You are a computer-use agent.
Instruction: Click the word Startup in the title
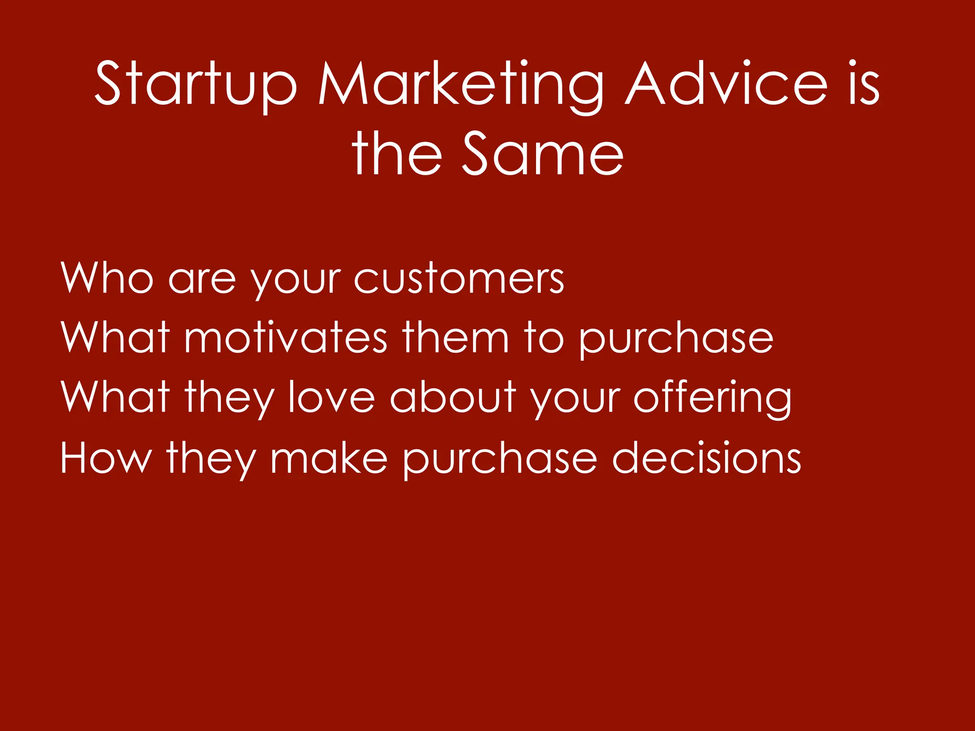point(195,85)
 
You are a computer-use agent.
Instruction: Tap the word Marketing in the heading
point(461,85)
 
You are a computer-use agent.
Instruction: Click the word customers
point(459,278)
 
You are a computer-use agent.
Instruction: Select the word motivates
point(286,338)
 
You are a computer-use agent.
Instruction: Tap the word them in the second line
point(456,338)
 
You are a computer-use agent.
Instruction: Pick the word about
point(453,397)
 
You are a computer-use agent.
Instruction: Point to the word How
point(106,457)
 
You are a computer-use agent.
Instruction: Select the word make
point(329,457)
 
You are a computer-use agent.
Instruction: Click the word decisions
point(706,457)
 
